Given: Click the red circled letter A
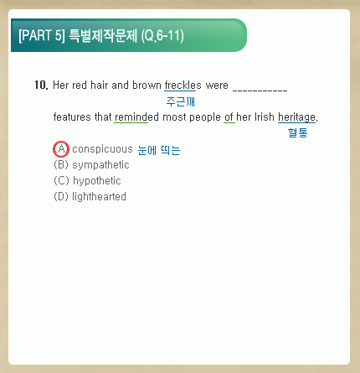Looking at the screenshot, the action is click(61, 149).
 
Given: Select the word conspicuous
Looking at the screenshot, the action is click(102, 149).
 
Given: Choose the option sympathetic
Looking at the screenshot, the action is click(100, 165).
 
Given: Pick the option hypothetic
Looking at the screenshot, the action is click(97, 181).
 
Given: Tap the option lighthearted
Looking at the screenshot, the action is click(99, 196).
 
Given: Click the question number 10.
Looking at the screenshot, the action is click(41, 85).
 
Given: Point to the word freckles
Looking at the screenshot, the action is click(183, 85).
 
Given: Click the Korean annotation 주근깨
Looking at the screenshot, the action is click(180, 101).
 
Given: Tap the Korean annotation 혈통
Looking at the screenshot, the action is click(297, 132).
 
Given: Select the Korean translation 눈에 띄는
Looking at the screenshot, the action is click(159, 150).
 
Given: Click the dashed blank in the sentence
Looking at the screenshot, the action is click(260, 90).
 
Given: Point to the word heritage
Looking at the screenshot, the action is click(296, 117).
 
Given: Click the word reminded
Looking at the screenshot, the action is click(136, 117).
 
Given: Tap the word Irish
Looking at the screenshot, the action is click(265, 117).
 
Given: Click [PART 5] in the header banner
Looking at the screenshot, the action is click(42, 36).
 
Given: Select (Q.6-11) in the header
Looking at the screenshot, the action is click(162, 36).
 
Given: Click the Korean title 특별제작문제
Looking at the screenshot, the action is click(103, 36).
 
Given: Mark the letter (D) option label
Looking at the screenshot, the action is click(61, 196).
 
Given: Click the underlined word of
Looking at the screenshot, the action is click(229, 117).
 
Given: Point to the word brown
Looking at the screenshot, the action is click(147, 85).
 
